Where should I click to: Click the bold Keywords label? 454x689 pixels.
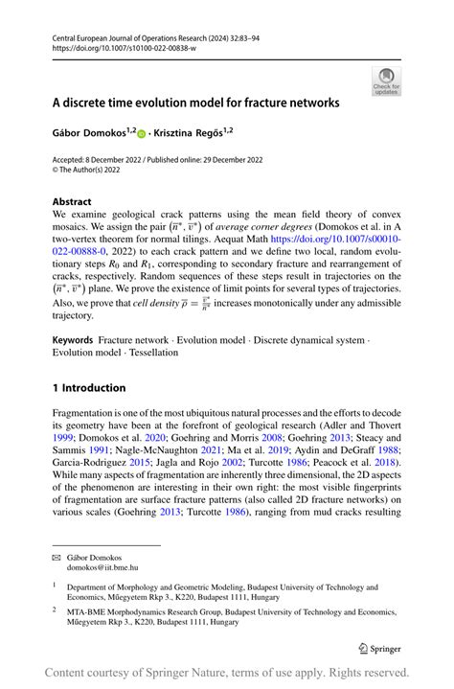(x=73, y=339)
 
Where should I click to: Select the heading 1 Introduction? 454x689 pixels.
(x=88, y=387)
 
